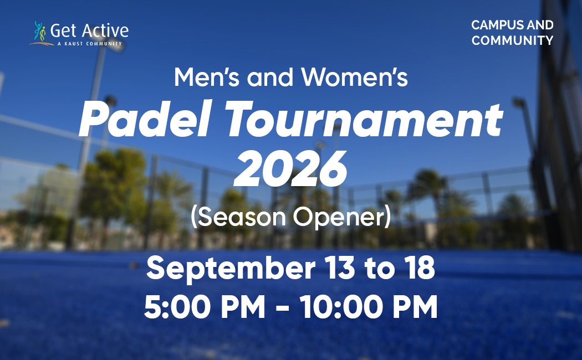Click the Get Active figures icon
coord(40,31)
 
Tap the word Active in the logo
coord(105,31)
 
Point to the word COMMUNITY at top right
coord(512,40)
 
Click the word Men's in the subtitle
coord(207,77)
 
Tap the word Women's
coord(354,77)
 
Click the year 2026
coord(290,169)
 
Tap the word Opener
coord(342,218)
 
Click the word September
coord(231,269)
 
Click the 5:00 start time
coord(177,307)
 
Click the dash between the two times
coord(283,308)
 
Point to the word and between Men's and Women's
coord(270,77)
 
